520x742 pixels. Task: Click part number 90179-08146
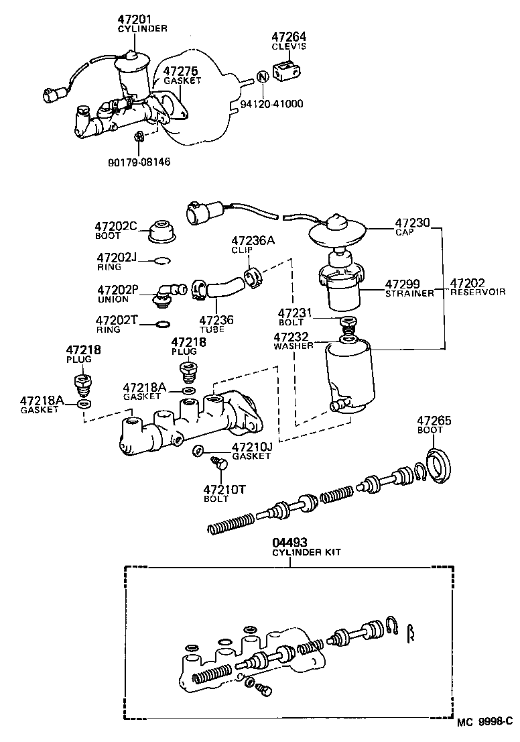click(x=139, y=162)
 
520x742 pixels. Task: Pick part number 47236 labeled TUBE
click(x=216, y=321)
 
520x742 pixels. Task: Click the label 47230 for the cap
click(x=411, y=223)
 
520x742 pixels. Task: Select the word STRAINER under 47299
click(x=409, y=293)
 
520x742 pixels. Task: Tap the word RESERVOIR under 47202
click(x=478, y=293)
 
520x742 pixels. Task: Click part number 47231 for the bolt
click(x=296, y=313)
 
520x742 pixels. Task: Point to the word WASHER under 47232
click(x=294, y=346)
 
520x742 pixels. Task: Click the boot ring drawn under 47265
click(x=440, y=464)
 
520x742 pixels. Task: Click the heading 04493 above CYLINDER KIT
click(x=287, y=542)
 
